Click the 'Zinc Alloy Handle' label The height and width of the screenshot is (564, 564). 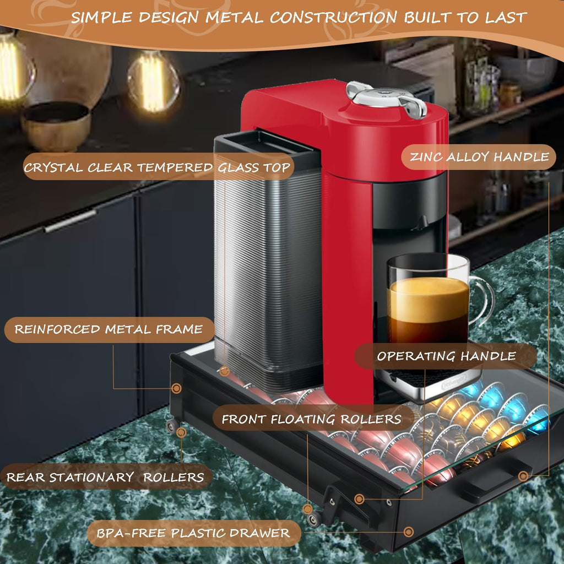coord(479,157)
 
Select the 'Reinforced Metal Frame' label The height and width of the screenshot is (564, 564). coord(109,329)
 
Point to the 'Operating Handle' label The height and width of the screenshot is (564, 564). coord(446,356)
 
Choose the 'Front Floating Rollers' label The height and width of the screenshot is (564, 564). coord(312,419)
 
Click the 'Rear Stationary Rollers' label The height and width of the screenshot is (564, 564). coord(105,477)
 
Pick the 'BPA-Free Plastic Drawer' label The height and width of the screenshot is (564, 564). coord(193,533)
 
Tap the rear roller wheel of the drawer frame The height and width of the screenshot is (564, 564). coord(171,426)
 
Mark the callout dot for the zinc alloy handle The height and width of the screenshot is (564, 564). coord(523,476)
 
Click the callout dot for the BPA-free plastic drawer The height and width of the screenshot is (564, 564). coord(409,532)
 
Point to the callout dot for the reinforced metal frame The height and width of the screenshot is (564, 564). coord(176,388)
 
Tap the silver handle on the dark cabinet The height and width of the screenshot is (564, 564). coord(70,220)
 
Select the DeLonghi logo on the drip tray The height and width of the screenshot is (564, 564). coord(454,383)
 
